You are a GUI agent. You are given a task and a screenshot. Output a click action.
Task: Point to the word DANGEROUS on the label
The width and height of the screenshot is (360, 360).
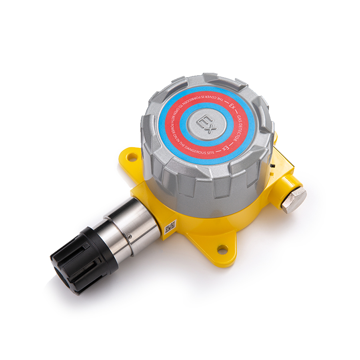(195, 153)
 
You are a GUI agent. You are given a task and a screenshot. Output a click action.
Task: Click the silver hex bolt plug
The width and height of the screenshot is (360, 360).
(293, 199)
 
